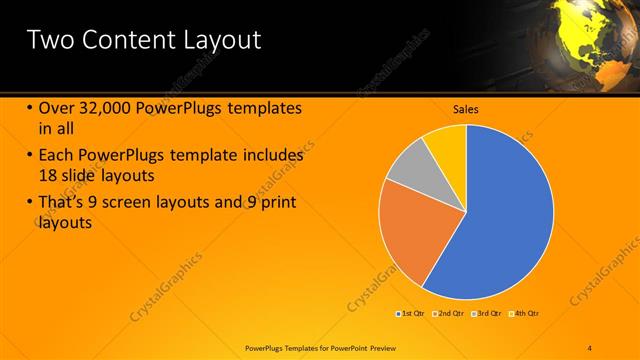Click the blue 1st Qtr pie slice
pyautogui.click(x=510, y=215)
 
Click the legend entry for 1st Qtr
pyautogui.click(x=412, y=314)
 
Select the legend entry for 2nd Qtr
pyautogui.click(x=451, y=314)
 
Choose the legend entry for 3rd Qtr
pyautogui.click(x=488, y=314)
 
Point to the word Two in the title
pyautogui.click(x=47, y=40)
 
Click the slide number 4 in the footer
pyautogui.click(x=590, y=347)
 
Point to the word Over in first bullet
pyautogui.click(x=56, y=109)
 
